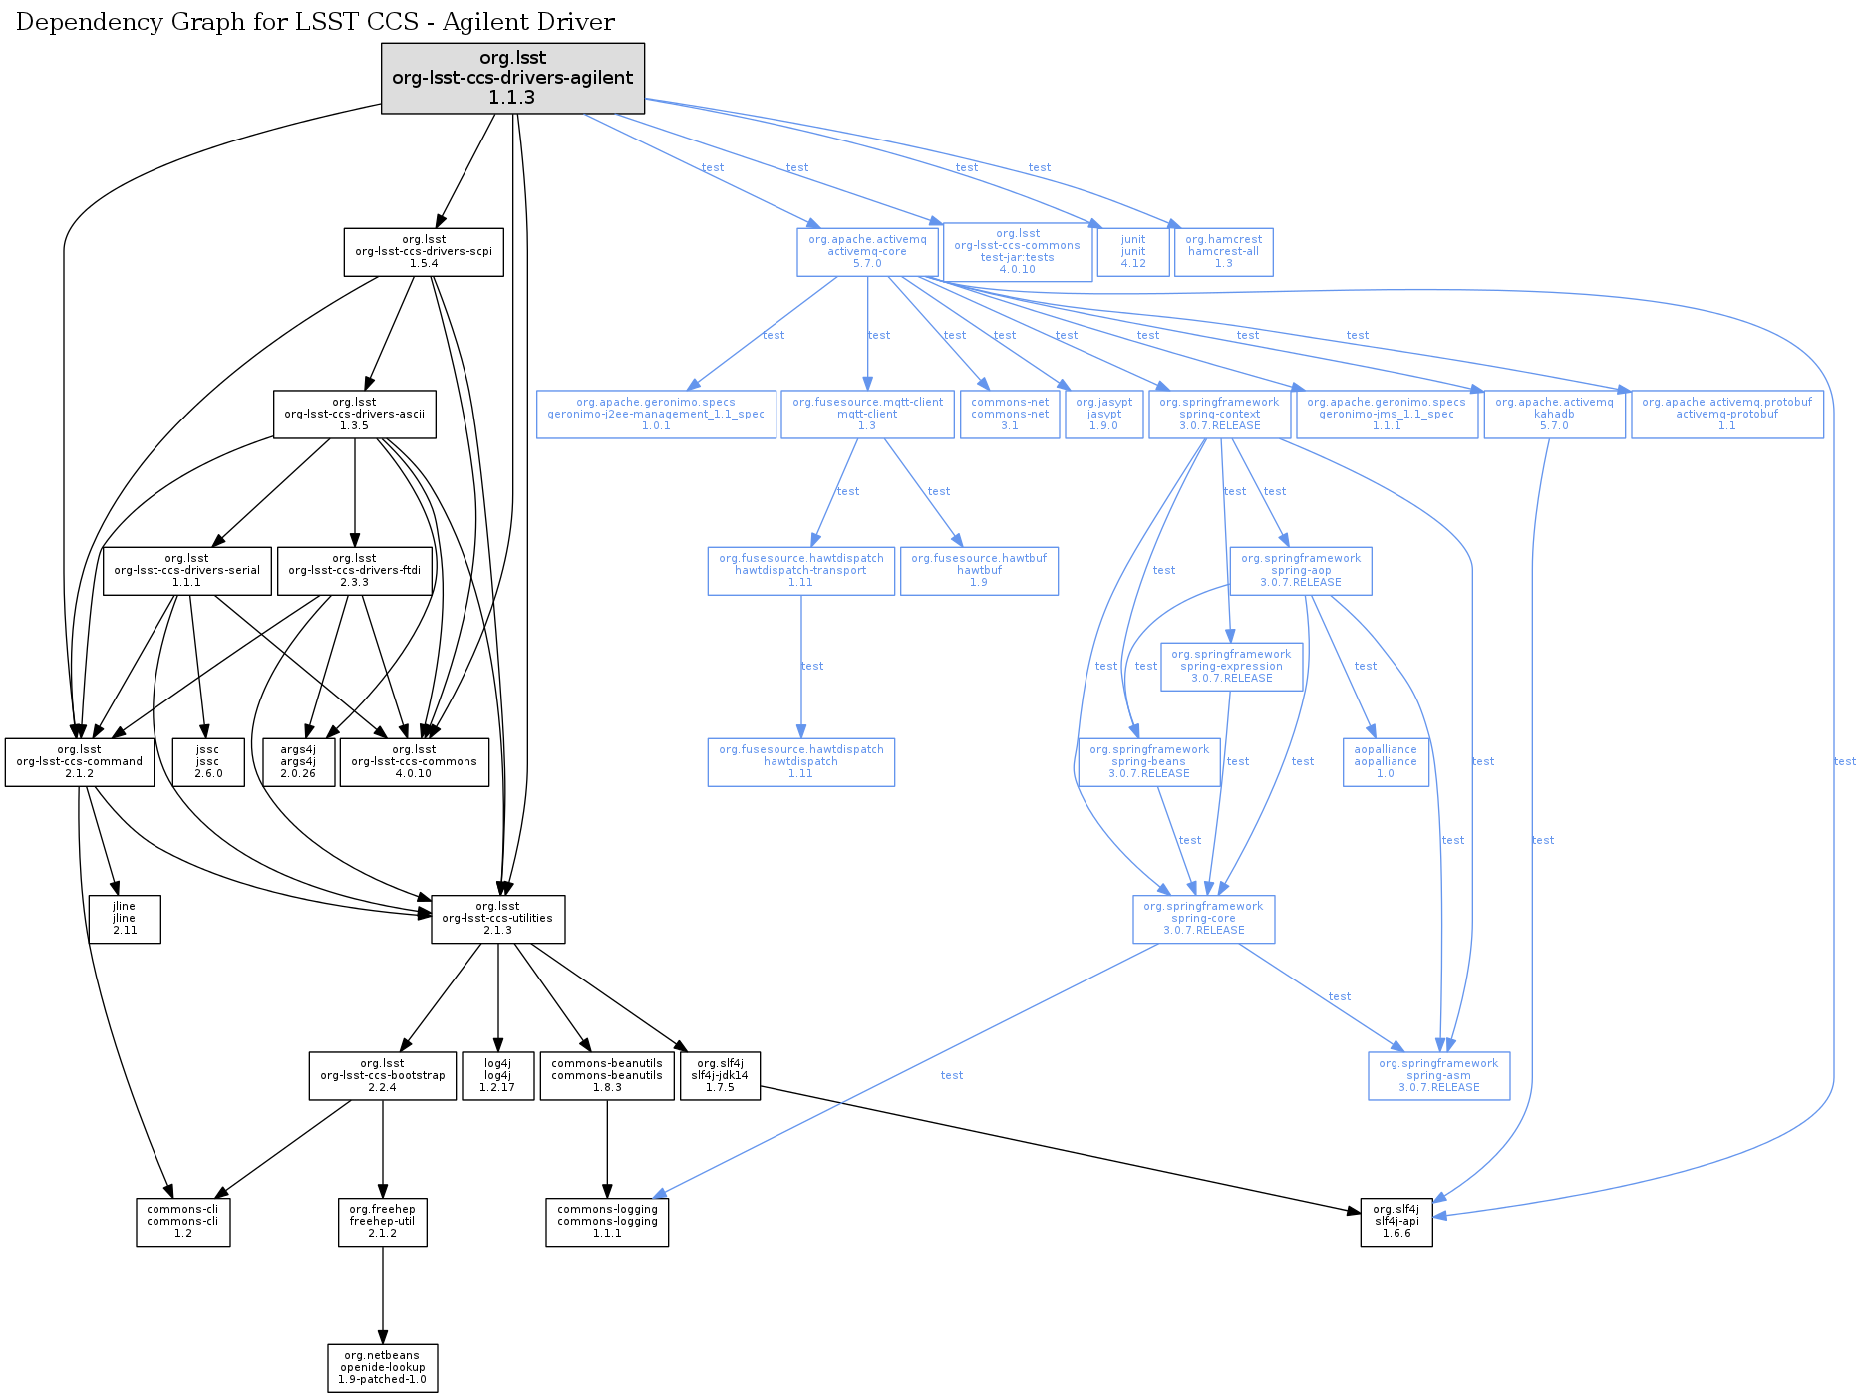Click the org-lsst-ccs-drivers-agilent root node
click(x=512, y=78)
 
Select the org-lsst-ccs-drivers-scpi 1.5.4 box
click(x=424, y=252)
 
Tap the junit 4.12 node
click(x=1132, y=252)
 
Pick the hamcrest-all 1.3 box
click(x=1223, y=252)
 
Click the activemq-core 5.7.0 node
click(x=867, y=252)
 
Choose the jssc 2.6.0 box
click(x=207, y=762)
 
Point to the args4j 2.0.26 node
click(x=297, y=762)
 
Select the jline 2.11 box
click(x=124, y=919)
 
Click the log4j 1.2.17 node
click(x=497, y=1076)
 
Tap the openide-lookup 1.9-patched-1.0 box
click(x=382, y=1368)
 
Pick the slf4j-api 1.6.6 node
click(x=1396, y=1222)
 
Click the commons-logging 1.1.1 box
click(x=607, y=1222)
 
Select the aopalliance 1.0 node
click(x=1385, y=762)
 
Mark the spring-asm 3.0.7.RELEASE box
click(x=1438, y=1076)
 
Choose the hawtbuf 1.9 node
click(x=979, y=571)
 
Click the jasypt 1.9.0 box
click(x=1103, y=415)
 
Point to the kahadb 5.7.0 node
click(x=1554, y=415)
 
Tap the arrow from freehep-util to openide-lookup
click(x=382, y=1295)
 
